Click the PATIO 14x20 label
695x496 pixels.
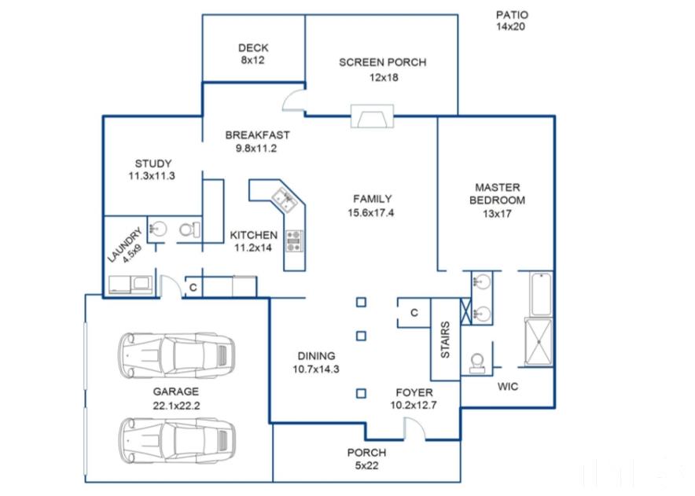pyautogui.click(x=512, y=21)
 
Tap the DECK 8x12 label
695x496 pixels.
pyautogui.click(x=253, y=53)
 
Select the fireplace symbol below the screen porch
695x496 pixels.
pyautogui.click(x=372, y=116)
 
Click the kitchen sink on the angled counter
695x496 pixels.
pyautogui.click(x=285, y=199)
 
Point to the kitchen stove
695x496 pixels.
pyautogui.click(x=294, y=241)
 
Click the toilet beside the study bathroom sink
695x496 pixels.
pyautogui.click(x=189, y=230)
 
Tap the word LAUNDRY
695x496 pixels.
pyautogui.click(x=123, y=244)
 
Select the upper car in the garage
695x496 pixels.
pyautogui.click(x=176, y=355)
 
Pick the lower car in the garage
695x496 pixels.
pyautogui.click(x=176, y=440)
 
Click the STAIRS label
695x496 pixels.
pyautogui.click(x=445, y=340)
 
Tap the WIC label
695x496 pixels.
pyautogui.click(x=508, y=387)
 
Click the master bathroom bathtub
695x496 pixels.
pyautogui.click(x=541, y=294)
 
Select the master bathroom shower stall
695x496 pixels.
pyautogui.click(x=539, y=342)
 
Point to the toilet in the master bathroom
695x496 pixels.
pyautogui.click(x=477, y=363)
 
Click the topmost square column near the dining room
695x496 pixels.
pyautogui.click(x=361, y=303)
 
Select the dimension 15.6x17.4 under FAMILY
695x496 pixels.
pyautogui.click(x=370, y=213)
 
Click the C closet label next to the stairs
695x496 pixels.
pyautogui.click(x=414, y=313)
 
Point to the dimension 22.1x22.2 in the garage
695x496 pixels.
pyautogui.click(x=176, y=406)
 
